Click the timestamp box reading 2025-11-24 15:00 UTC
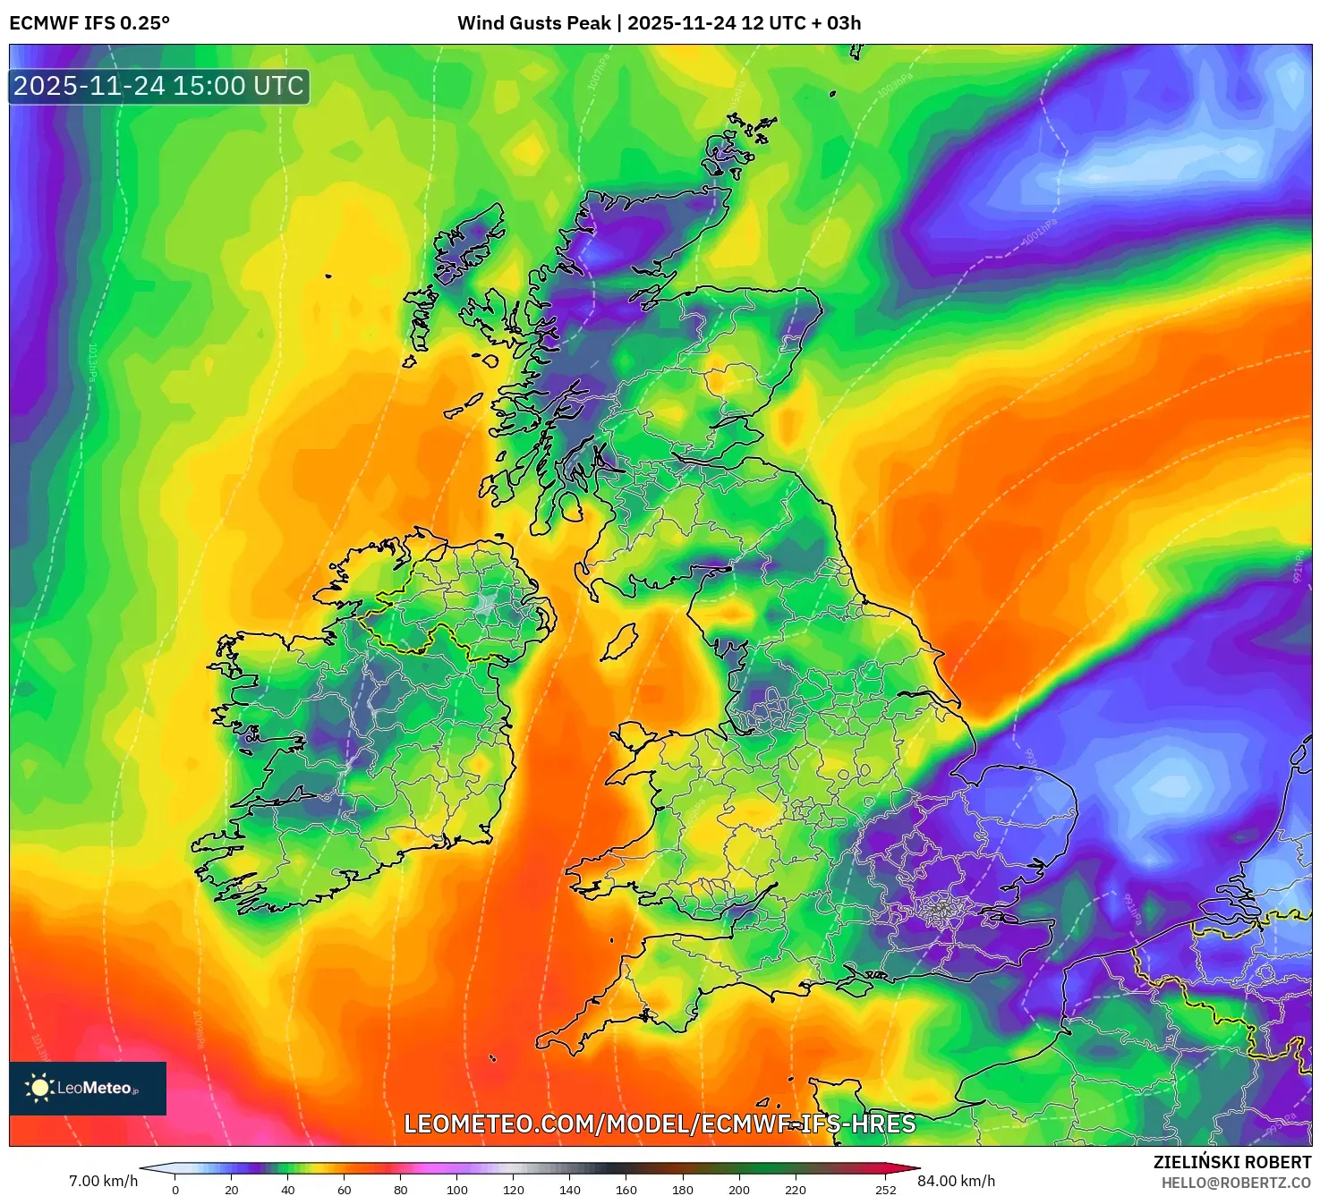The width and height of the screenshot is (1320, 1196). click(159, 86)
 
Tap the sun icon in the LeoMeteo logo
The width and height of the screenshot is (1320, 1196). click(39, 1088)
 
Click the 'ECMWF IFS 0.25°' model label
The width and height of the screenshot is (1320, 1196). click(89, 23)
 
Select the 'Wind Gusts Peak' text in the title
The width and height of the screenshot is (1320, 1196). click(534, 23)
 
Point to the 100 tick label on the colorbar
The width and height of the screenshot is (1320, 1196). click(457, 1190)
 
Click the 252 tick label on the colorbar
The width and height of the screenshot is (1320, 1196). click(885, 1190)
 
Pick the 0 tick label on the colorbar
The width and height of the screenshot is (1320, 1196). click(175, 1190)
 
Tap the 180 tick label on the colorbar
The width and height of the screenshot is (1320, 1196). click(683, 1190)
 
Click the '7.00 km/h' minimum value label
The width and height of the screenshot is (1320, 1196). click(103, 1181)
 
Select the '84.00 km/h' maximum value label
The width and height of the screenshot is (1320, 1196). click(957, 1181)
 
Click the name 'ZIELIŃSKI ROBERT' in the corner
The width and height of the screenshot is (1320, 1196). click(1231, 1162)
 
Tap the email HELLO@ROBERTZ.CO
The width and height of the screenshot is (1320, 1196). click(1236, 1183)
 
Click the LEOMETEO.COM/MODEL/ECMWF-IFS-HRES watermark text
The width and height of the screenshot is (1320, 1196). click(660, 1124)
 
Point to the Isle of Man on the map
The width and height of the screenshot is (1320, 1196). click(618, 642)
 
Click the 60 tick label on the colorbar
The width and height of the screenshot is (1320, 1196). click(345, 1190)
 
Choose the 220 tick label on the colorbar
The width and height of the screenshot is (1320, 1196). click(796, 1190)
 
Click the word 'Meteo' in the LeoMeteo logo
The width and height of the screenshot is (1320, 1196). click(107, 1088)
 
